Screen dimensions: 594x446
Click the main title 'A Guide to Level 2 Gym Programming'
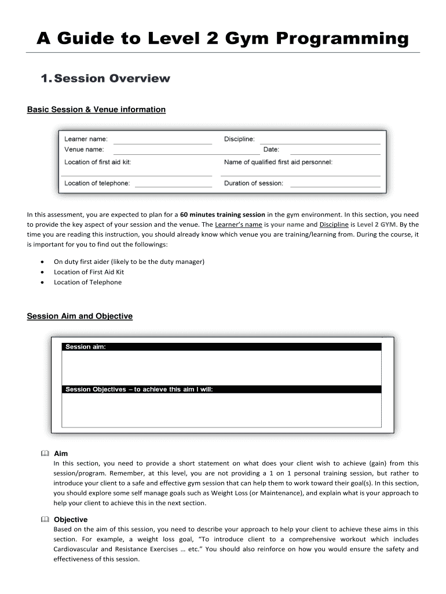[x=222, y=39]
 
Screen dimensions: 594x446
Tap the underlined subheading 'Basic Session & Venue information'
[x=96, y=109]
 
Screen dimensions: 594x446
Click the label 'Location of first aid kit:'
[x=98, y=162]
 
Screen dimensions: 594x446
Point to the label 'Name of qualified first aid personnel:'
[x=278, y=162]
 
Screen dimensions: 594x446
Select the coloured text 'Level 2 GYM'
[x=376, y=224]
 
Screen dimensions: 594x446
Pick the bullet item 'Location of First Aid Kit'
[x=89, y=271]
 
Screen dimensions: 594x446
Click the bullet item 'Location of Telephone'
[x=87, y=282]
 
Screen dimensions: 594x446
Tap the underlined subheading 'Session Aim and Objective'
[x=80, y=316]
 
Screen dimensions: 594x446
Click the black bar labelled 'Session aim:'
[x=222, y=347]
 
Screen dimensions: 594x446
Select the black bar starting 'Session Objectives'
[x=222, y=389]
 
